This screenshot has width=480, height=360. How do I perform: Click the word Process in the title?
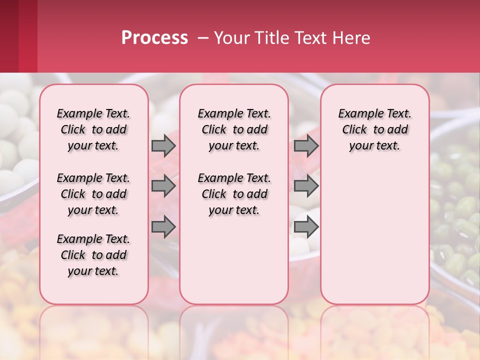click(x=154, y=38)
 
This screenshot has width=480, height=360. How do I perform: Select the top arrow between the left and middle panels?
click(x=163, y=145)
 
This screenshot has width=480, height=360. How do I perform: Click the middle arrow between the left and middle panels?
click(x=163, y=186)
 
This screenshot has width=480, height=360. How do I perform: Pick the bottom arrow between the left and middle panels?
click(x=163, y=227)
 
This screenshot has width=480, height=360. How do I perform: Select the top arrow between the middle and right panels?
click(x=306, y=145)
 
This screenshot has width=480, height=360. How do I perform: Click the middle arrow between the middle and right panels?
click(x=306, y=186)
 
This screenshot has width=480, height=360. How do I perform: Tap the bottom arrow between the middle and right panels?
click(x=306, y=227)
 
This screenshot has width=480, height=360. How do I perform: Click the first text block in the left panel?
click(x=93, y=129)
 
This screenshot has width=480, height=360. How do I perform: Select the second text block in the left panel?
click(x=93, y=194)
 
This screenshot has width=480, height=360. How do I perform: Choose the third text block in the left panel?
click(x=93, y=255)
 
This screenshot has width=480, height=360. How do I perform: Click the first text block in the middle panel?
click(x=234, y=129)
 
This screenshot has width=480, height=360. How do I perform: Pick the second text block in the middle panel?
click(x=234, y=194)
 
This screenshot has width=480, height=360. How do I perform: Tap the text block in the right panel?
click(x=375, y=129)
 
